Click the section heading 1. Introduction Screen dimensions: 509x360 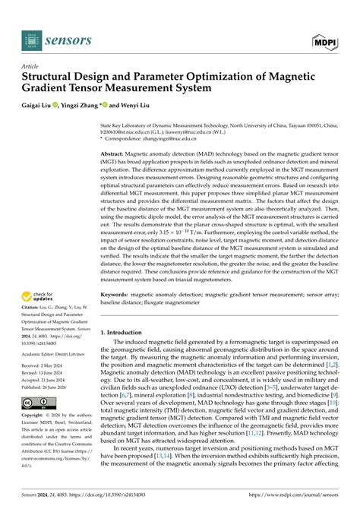[x=126, y=332]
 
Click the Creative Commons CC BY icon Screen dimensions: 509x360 [x=36, y=402]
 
